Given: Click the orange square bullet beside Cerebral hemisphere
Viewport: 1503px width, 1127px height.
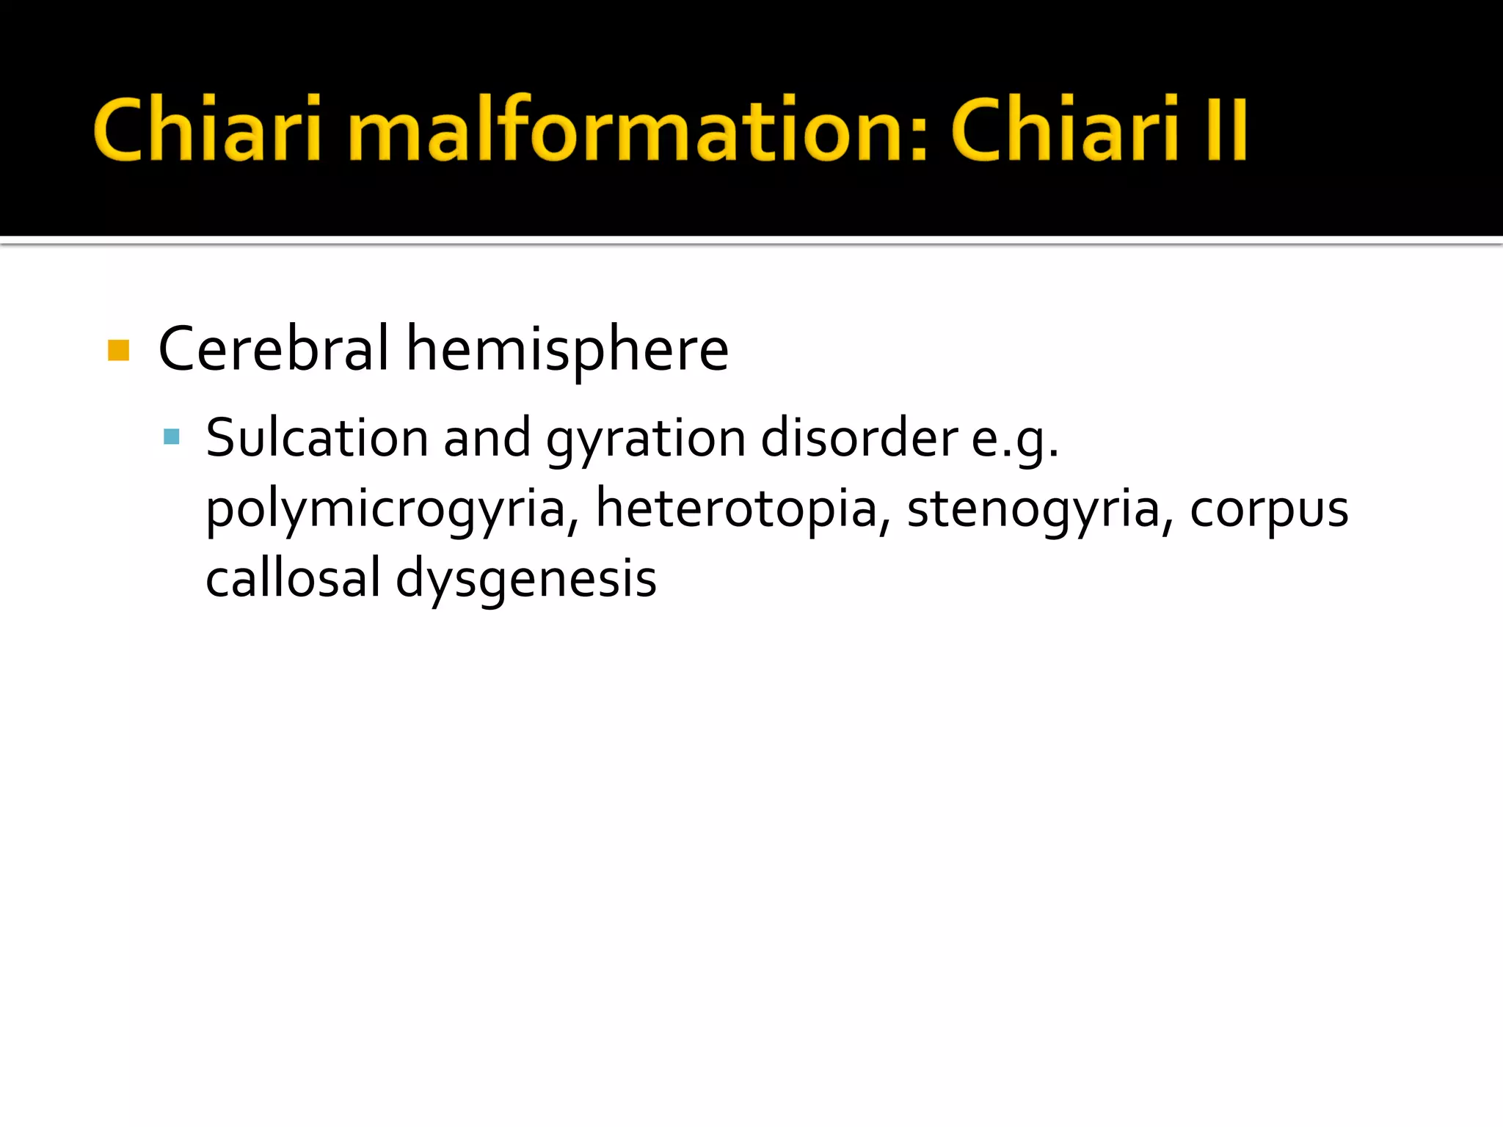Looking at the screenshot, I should (x=118, y=350).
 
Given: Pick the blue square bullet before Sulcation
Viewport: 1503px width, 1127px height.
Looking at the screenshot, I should (x=172, y=437).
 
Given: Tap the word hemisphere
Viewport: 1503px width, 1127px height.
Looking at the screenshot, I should (x=567, y=350).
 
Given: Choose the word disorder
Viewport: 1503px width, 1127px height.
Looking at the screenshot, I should (x=859, y=438).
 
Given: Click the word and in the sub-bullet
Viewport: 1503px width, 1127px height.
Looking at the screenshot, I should (x=487, y=438).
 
